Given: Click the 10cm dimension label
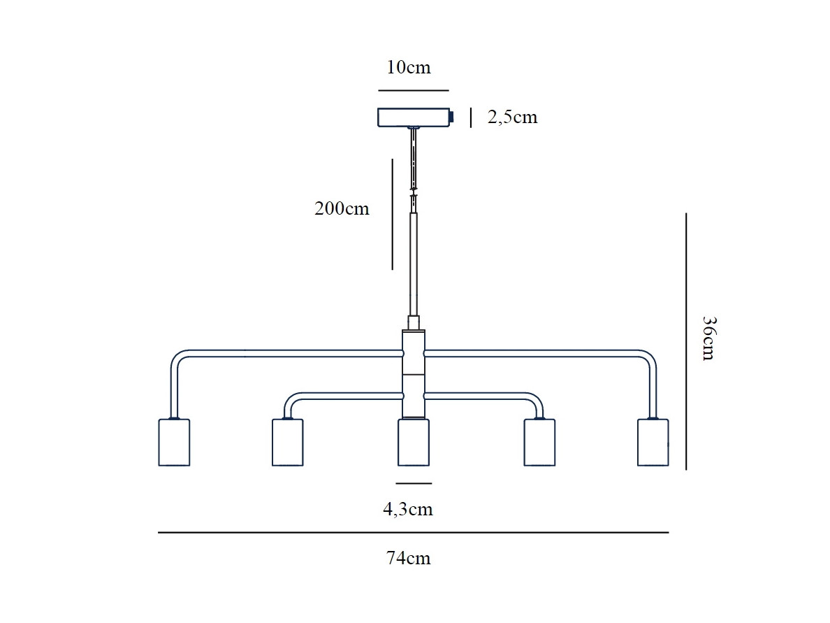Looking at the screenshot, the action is click(409, 68).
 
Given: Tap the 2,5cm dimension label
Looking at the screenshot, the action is click(512, 117).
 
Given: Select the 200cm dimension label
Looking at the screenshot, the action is click(342, 209).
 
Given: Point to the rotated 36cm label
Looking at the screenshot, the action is click(709, 338).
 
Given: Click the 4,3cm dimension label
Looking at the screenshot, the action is click(408, 510).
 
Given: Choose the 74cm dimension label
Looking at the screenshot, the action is click(409, 559).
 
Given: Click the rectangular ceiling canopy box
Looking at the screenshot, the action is click(414, 117).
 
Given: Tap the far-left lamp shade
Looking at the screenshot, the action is click(174, 443).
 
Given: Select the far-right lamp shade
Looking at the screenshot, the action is click(653, 443).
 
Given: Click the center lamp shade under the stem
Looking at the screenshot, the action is click(414, 443).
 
